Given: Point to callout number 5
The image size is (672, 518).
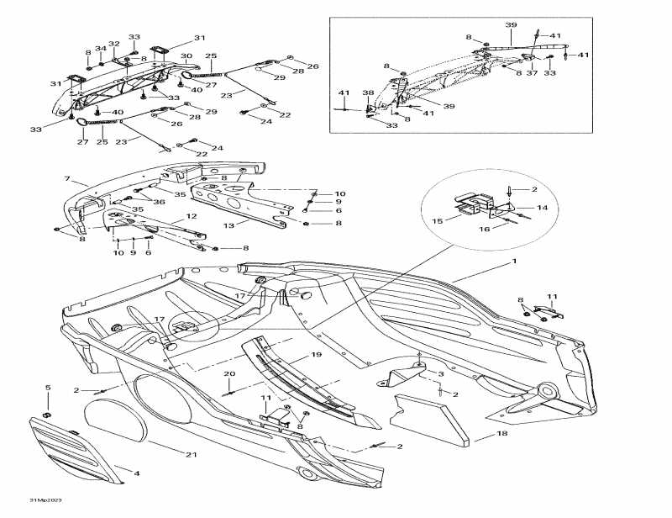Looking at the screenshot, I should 48,388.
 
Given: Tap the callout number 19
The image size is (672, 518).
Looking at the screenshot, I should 316,356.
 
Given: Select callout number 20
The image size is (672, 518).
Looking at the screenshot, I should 229,373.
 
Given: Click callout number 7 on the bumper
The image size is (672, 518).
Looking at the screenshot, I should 66,180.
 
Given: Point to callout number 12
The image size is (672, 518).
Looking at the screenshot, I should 192,217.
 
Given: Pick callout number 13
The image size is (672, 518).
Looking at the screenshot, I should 228,226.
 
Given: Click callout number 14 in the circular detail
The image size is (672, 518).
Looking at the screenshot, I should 542,207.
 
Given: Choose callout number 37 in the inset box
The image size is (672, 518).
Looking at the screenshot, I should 531,73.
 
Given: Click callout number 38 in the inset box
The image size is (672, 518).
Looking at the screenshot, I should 367,93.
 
